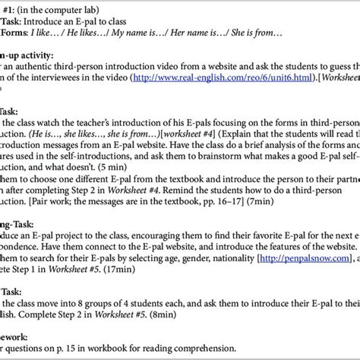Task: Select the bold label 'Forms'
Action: (x=13, y=34)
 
